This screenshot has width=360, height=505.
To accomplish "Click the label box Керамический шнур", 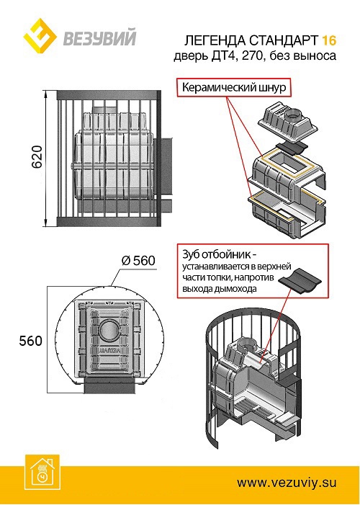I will click(232, 89).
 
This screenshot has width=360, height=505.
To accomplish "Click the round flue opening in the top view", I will click(111, 331).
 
